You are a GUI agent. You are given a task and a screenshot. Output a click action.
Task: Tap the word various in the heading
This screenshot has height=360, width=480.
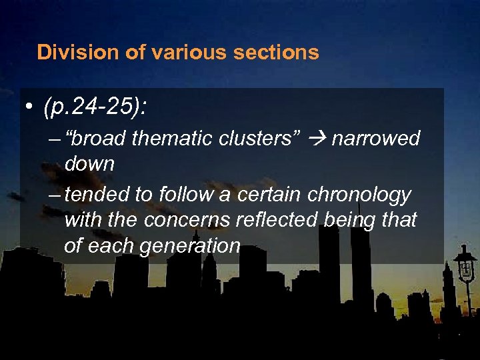pyautogui.click(x=176, y=52)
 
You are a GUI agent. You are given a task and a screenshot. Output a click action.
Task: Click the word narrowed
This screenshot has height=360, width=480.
pyautogui.click(x=376, y=139)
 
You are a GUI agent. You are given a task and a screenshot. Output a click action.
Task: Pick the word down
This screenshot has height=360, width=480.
pyautogui.click(x=89, y=163)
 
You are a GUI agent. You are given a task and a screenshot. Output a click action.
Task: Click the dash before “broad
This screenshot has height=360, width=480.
pyautogui.click(x=55, y=139)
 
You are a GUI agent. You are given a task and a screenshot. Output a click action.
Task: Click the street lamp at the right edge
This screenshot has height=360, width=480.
pyautogui.click(x=465, y=267)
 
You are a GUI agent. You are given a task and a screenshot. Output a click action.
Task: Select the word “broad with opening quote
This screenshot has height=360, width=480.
pyautogui.click(x=97, y=139)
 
